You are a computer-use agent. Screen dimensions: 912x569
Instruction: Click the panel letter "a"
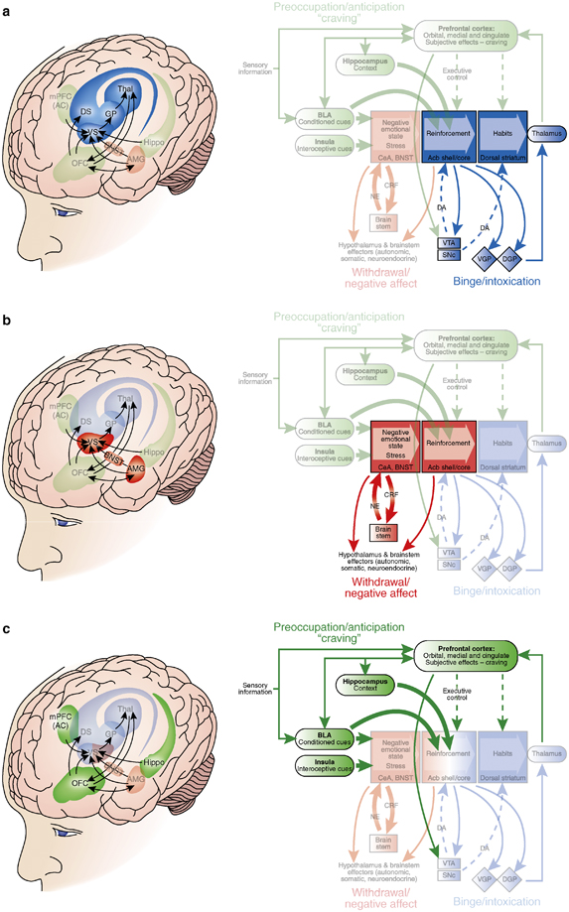point(7,8)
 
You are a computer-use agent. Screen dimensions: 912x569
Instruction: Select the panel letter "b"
point(7,314)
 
